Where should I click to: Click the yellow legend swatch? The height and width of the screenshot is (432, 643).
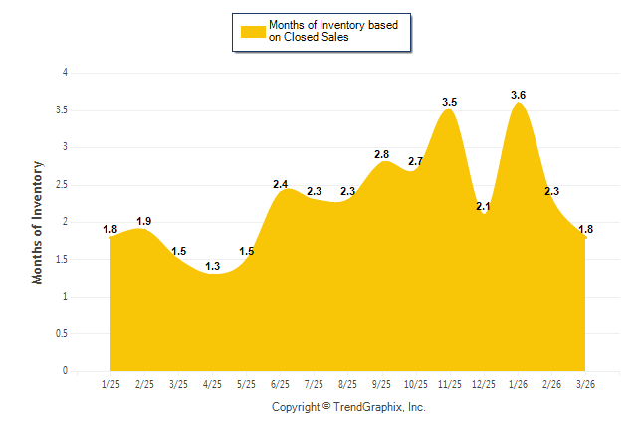(253, 31)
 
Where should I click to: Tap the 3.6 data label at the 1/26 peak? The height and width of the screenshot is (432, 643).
(518, 95)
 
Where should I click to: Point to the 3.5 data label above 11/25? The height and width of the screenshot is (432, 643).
(449, 102)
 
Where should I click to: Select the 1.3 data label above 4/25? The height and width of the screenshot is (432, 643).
(212, 266)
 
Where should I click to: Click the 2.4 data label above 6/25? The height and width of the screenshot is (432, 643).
(280, 184)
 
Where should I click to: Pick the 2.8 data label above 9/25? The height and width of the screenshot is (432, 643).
(381, 154)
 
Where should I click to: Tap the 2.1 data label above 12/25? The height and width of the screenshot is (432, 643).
(485, 206)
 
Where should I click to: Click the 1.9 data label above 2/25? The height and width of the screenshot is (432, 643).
(144, 221)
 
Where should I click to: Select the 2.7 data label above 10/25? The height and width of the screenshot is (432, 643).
(416, 161)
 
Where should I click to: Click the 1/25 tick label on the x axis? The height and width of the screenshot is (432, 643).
(110, 384)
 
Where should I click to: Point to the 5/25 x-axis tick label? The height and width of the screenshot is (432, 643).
(246, 384)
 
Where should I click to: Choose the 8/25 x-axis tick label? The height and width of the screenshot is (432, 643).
(347, 384)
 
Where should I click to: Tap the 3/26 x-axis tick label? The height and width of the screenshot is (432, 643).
(585, 384)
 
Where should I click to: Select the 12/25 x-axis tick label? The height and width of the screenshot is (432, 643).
(484, 384)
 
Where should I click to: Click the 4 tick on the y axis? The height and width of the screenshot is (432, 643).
(65, 73)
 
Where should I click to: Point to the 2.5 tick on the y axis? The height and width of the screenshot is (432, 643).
(62, 184)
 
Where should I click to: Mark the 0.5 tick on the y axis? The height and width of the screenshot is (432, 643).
(62, 333)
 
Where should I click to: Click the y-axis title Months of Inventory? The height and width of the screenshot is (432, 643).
(38, 222)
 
